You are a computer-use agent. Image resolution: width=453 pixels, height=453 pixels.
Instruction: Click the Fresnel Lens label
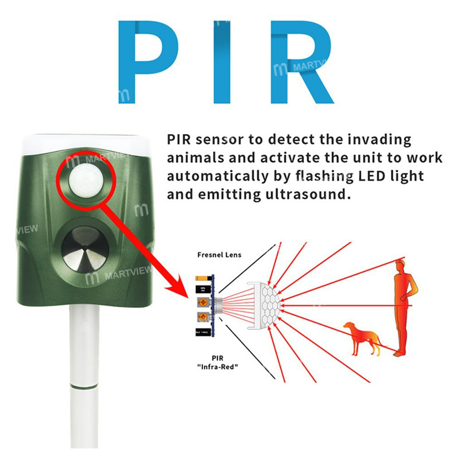219,255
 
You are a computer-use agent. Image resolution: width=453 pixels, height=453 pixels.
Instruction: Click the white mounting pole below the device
84,344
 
